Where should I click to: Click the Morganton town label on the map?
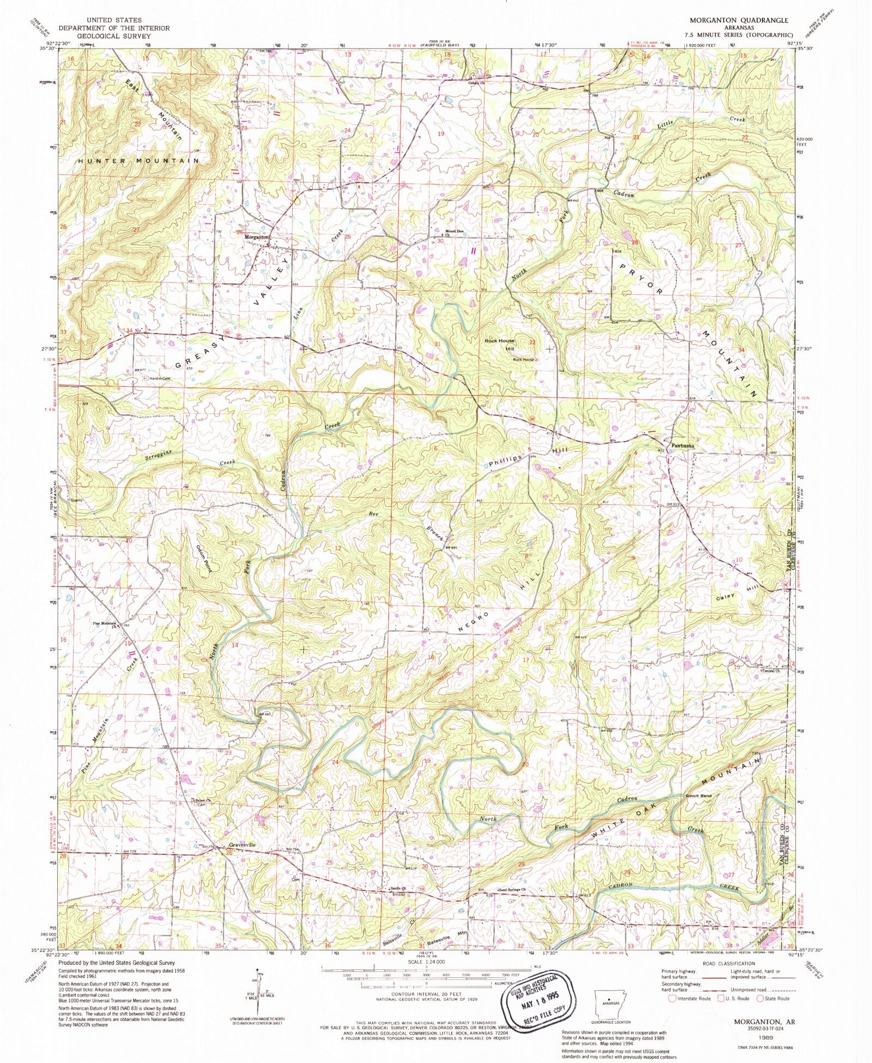coord(256,237)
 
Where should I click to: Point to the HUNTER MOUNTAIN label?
coord(138,161)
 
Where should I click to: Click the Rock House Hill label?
coord(499,344)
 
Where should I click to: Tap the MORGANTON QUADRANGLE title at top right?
coord(731,20)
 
